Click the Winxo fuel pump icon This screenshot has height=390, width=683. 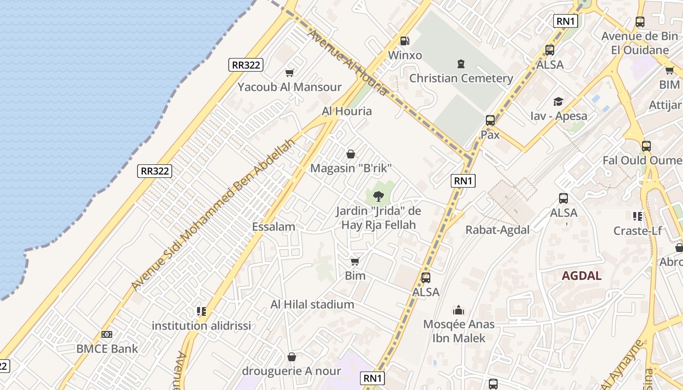click(404, 41)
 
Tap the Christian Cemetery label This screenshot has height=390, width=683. click(461, 78)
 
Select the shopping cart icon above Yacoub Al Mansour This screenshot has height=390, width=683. click(290, 73)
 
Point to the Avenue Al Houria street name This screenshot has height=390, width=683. click(347, 62)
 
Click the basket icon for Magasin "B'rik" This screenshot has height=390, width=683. click(351, 155)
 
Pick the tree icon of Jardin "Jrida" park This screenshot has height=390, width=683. click(378, 196)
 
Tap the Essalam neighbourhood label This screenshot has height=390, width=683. click(273, 227)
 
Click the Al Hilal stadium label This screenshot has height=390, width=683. click(312, 305)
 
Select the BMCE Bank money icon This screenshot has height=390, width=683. click(107, 334)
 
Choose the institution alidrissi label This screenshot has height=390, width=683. click(201, 326)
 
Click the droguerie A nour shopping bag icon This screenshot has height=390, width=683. click(292, 357)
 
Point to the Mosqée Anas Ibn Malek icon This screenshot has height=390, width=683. click(459, 310)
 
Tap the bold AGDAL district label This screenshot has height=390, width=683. click(582, 275)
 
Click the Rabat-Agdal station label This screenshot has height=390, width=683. click(497, 230)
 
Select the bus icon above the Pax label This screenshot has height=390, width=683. click(490, 120)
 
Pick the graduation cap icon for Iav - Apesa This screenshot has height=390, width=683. click(558, 101)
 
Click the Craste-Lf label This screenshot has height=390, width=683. click(637, 231)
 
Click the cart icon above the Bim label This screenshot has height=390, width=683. click(355, 262)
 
